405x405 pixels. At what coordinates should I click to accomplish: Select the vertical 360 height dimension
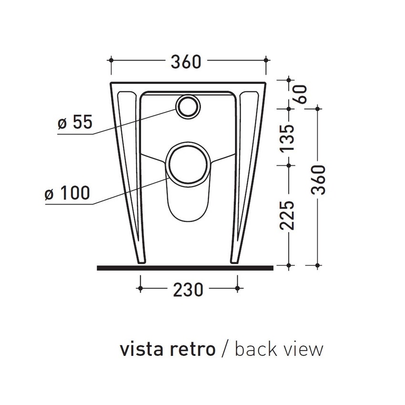coord(318,181)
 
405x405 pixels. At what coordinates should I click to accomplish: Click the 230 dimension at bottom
coord(188,289)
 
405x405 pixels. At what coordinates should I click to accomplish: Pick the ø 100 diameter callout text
coord(67,193)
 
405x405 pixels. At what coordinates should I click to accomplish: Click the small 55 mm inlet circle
coord(187,107)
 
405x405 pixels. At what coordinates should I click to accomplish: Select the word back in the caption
coord(257,349)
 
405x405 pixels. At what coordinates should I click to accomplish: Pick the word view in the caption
coord(304,349)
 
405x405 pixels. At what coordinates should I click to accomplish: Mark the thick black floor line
coord(185,268)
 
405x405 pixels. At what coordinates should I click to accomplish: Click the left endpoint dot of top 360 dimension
coord(111,61)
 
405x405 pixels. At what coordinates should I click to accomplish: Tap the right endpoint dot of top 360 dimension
coord(266,61)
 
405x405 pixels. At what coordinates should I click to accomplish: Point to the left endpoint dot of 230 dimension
coord(139,288)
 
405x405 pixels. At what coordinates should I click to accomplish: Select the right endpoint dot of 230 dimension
coord(238,288)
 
